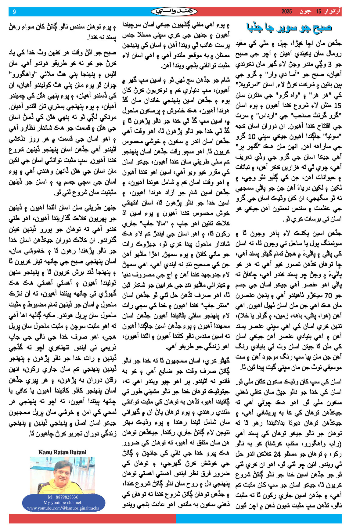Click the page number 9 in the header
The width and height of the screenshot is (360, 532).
14,12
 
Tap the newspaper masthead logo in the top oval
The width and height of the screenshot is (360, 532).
174,12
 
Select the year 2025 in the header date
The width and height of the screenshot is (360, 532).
286,12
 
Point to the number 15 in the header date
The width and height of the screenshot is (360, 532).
319,12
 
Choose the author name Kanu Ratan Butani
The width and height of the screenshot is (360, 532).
63,452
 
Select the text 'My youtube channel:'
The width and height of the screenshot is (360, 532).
63,503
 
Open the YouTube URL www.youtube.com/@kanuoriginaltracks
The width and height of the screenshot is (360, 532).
63,508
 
